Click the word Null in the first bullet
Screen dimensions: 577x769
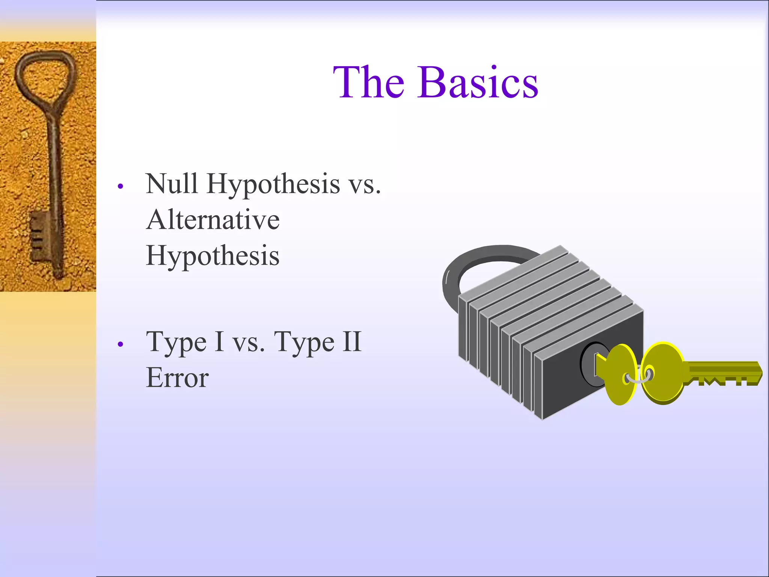coord(172,184)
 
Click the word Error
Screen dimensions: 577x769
coord(177,378)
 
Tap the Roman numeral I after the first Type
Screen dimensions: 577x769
coord(219,342)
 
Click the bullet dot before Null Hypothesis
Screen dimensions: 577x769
coord(120,186)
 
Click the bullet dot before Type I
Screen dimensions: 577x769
coord(120,344)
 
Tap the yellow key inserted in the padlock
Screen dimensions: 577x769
coord(618,374)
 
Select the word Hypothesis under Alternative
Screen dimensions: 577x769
coord(213,256)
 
